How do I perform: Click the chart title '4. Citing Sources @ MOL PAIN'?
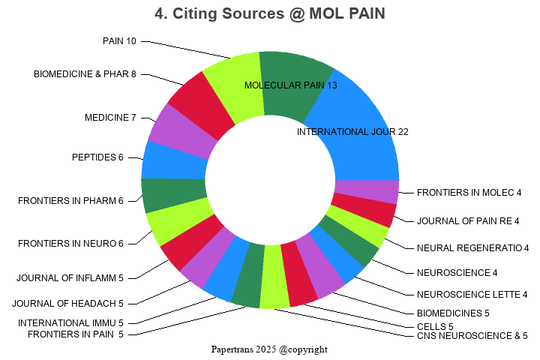point(269,14)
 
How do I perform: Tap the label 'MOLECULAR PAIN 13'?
point(291,85)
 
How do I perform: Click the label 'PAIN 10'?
point(119,41)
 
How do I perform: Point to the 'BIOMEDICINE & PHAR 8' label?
point(85,74)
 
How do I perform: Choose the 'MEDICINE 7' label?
point(110,118)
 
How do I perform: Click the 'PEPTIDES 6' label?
point(97,157)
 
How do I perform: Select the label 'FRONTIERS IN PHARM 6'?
point(70,201)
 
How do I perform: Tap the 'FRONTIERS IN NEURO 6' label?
point(70,244)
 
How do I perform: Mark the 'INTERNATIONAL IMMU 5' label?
point(70,323)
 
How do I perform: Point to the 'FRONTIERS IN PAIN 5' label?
point(76,334)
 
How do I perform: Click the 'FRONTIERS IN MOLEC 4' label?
point(469,193)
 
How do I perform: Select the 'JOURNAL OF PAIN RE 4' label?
point(468,220)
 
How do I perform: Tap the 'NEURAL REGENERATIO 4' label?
point(472,248)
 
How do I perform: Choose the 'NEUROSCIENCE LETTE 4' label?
point(472,294)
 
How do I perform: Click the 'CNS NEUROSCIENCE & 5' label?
point(472,336)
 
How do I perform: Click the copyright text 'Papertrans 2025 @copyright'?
point(269,349)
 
